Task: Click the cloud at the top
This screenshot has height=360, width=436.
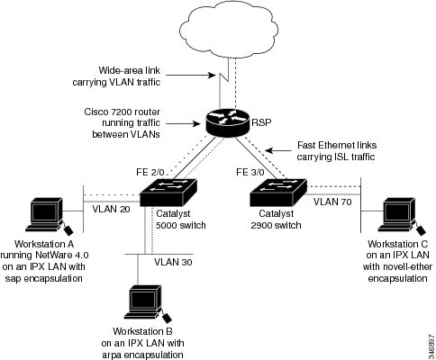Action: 229,29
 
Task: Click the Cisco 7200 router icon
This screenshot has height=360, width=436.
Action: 228,122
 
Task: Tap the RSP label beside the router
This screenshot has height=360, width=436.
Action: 261,122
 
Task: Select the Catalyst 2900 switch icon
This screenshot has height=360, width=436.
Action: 278,193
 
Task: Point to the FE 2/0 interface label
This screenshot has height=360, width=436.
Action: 150,172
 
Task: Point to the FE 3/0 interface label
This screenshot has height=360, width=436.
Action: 250,172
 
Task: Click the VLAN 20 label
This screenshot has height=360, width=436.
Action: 111,209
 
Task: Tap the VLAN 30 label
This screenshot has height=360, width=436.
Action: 173,262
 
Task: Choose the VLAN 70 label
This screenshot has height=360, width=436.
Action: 332,202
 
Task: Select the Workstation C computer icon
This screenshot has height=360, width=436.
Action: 402,216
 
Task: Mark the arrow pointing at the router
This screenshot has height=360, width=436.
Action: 183,123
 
